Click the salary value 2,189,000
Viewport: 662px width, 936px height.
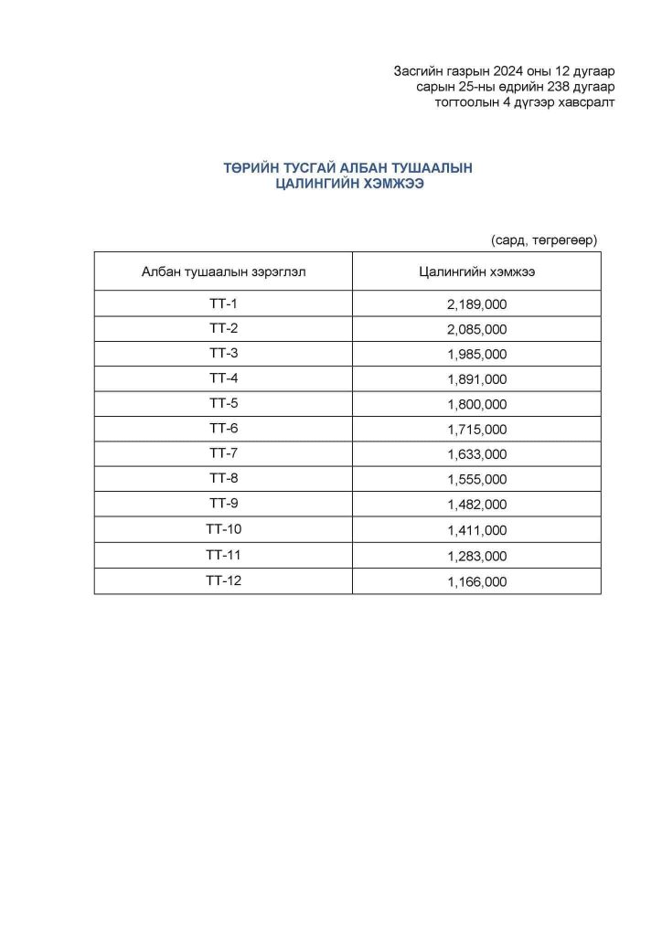(x=476, y=304)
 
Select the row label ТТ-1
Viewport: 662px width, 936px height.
(x=223, y=303)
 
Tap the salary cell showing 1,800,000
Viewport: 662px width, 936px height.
(x=476, y=404)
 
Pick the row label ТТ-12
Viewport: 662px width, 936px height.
(x=223, y=580)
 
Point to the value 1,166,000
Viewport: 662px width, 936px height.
(x=476, y=581)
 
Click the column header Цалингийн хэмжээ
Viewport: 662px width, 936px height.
(x=476, y=271)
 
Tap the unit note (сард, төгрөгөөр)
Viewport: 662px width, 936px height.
(x=543, y=239)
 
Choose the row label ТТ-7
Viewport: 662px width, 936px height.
(x=223, y=453)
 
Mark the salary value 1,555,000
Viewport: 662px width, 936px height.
(x=476, y=479)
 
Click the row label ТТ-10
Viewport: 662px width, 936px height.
(x=223, y=529)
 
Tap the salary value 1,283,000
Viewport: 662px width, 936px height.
(x=476, y=556)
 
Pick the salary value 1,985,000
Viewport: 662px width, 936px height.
(x=476, y=355)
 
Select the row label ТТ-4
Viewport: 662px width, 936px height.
(x=223, y=378)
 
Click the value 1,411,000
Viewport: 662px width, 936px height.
(x=476, y=530)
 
